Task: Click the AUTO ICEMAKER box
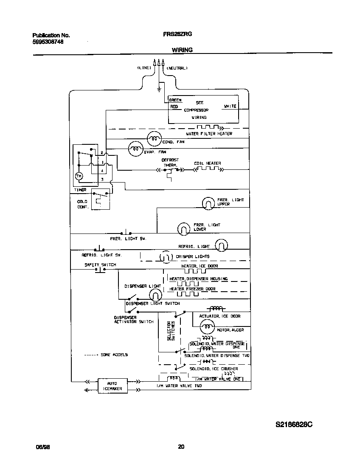pyautogui.click(x=112, y=385)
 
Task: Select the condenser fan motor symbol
pyautogui.click(x=154, y=138)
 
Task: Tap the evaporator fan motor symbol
pyautogui.click(x=135, y=148)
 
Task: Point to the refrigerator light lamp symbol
pyautogui.click(x=221, y=245)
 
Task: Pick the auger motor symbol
pyautogui.click(x=207, y=326)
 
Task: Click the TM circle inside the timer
pyautogui.click(x=79, y=176)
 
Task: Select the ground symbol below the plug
pyautogui.click(x=159, y=89)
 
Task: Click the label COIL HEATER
pyautogui.click(x=208, y=163)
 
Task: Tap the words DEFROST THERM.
pyautogui.click(x=170, y=162)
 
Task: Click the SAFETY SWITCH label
pyautogui.click(x=100, y=265)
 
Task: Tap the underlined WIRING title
pyautogui.click(x=182, y=50)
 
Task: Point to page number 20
pyautogui.click(x=181, y=447)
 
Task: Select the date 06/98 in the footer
pyautogui.click(x=41, y=447)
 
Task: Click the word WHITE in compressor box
pyautogui.click(x=230, y=106)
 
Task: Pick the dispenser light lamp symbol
pyautogui.click(x=155, y=295)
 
